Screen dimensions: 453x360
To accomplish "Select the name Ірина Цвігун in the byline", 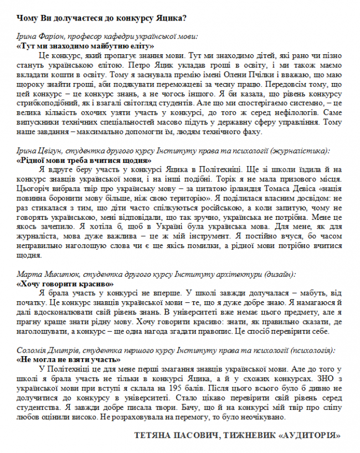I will pos(39,150).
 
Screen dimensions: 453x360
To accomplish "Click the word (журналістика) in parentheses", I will pos(302,150).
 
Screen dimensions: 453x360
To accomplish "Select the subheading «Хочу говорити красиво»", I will pos(64,282).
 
